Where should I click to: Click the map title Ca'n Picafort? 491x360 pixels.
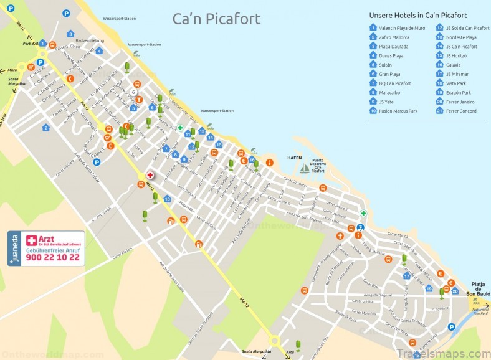tap(216, 19)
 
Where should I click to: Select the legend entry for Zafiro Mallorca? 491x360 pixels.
tap(393, 37)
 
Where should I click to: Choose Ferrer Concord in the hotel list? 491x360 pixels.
tap(460, 111)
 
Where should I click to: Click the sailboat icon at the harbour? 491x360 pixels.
tap(305, 168)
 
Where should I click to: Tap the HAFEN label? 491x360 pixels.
tap(295, 158)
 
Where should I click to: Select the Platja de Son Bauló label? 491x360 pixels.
tap(478, 288)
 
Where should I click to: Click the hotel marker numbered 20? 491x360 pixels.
tap(455, 291)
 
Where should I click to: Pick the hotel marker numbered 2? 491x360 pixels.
tap(45, 128)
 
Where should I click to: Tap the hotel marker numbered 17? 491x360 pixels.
tap(406, 276)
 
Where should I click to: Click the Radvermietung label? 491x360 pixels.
tap(89, 40)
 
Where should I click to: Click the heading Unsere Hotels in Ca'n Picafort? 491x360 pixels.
tap(426, 15)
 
